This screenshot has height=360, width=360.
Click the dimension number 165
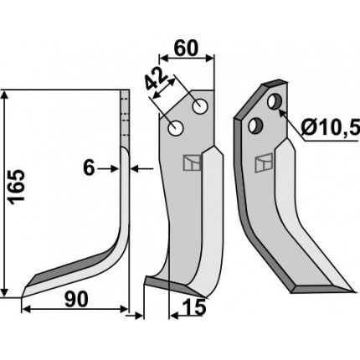point(18,187)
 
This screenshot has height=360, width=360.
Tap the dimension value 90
point(76,300)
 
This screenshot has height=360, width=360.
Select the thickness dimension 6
point(89,168)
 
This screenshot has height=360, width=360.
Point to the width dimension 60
point(186,48)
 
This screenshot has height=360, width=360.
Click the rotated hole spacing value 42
point(156,79)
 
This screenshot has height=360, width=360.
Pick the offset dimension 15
point(194,307)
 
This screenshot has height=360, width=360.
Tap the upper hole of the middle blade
point(200,106)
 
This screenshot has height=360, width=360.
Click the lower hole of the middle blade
point(175,129)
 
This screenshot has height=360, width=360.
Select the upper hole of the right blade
point(274,102)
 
